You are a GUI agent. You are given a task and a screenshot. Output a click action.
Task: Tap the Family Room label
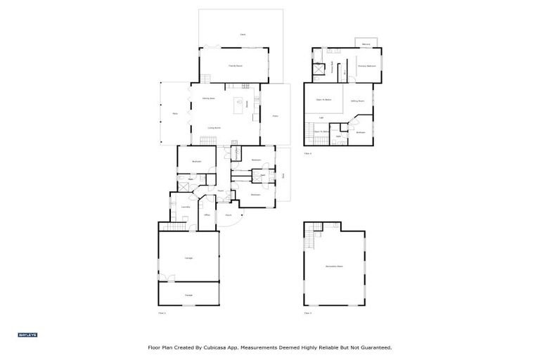(x=236, y=65)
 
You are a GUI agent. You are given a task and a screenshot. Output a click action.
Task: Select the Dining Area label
(x=208, y=98)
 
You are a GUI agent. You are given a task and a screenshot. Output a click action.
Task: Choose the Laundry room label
(x=186, y=207)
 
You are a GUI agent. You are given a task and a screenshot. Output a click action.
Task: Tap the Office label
(x=207, y=214)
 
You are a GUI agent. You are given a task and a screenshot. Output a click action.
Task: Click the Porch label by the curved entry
(x=229, y=214)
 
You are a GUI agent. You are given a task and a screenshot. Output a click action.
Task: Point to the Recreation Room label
(x=334, y=266)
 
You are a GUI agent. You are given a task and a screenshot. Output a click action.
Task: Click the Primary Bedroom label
(x=366, y=66)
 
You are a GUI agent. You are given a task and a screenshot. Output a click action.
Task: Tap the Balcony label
(x=366, y=44)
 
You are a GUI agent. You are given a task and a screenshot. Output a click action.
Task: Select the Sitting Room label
(x=356, y=101)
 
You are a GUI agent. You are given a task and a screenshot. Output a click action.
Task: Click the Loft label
(x=321, y=117)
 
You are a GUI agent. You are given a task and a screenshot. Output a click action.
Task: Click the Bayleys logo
(x=27, y=335)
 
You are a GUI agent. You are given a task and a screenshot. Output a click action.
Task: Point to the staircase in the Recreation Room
(x=309, y=239)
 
